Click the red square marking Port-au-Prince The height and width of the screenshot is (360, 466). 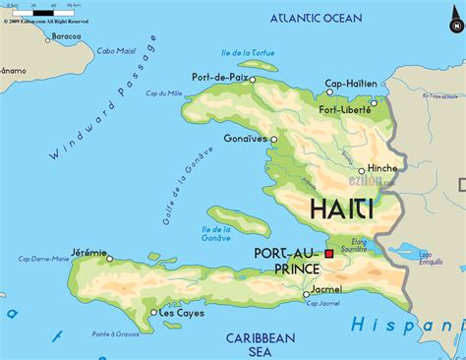coord(329,254)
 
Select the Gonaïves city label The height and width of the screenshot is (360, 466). coord(246,139)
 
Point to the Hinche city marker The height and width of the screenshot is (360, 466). coord(364,169)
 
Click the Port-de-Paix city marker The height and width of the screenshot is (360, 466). coord(253,79)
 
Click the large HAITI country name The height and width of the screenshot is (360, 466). coord(341,210)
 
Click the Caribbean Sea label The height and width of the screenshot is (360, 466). coord(261,343)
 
